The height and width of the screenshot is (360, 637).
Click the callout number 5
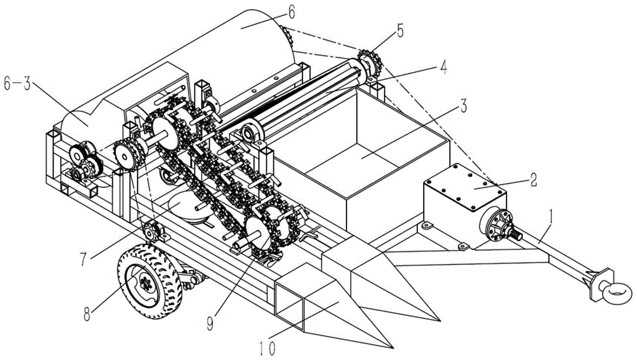click(400, 31)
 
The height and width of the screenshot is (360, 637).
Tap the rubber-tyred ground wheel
click(150, 281)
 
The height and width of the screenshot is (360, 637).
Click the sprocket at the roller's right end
click(369, 64)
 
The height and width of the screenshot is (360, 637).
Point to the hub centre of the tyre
click(145, 283)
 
